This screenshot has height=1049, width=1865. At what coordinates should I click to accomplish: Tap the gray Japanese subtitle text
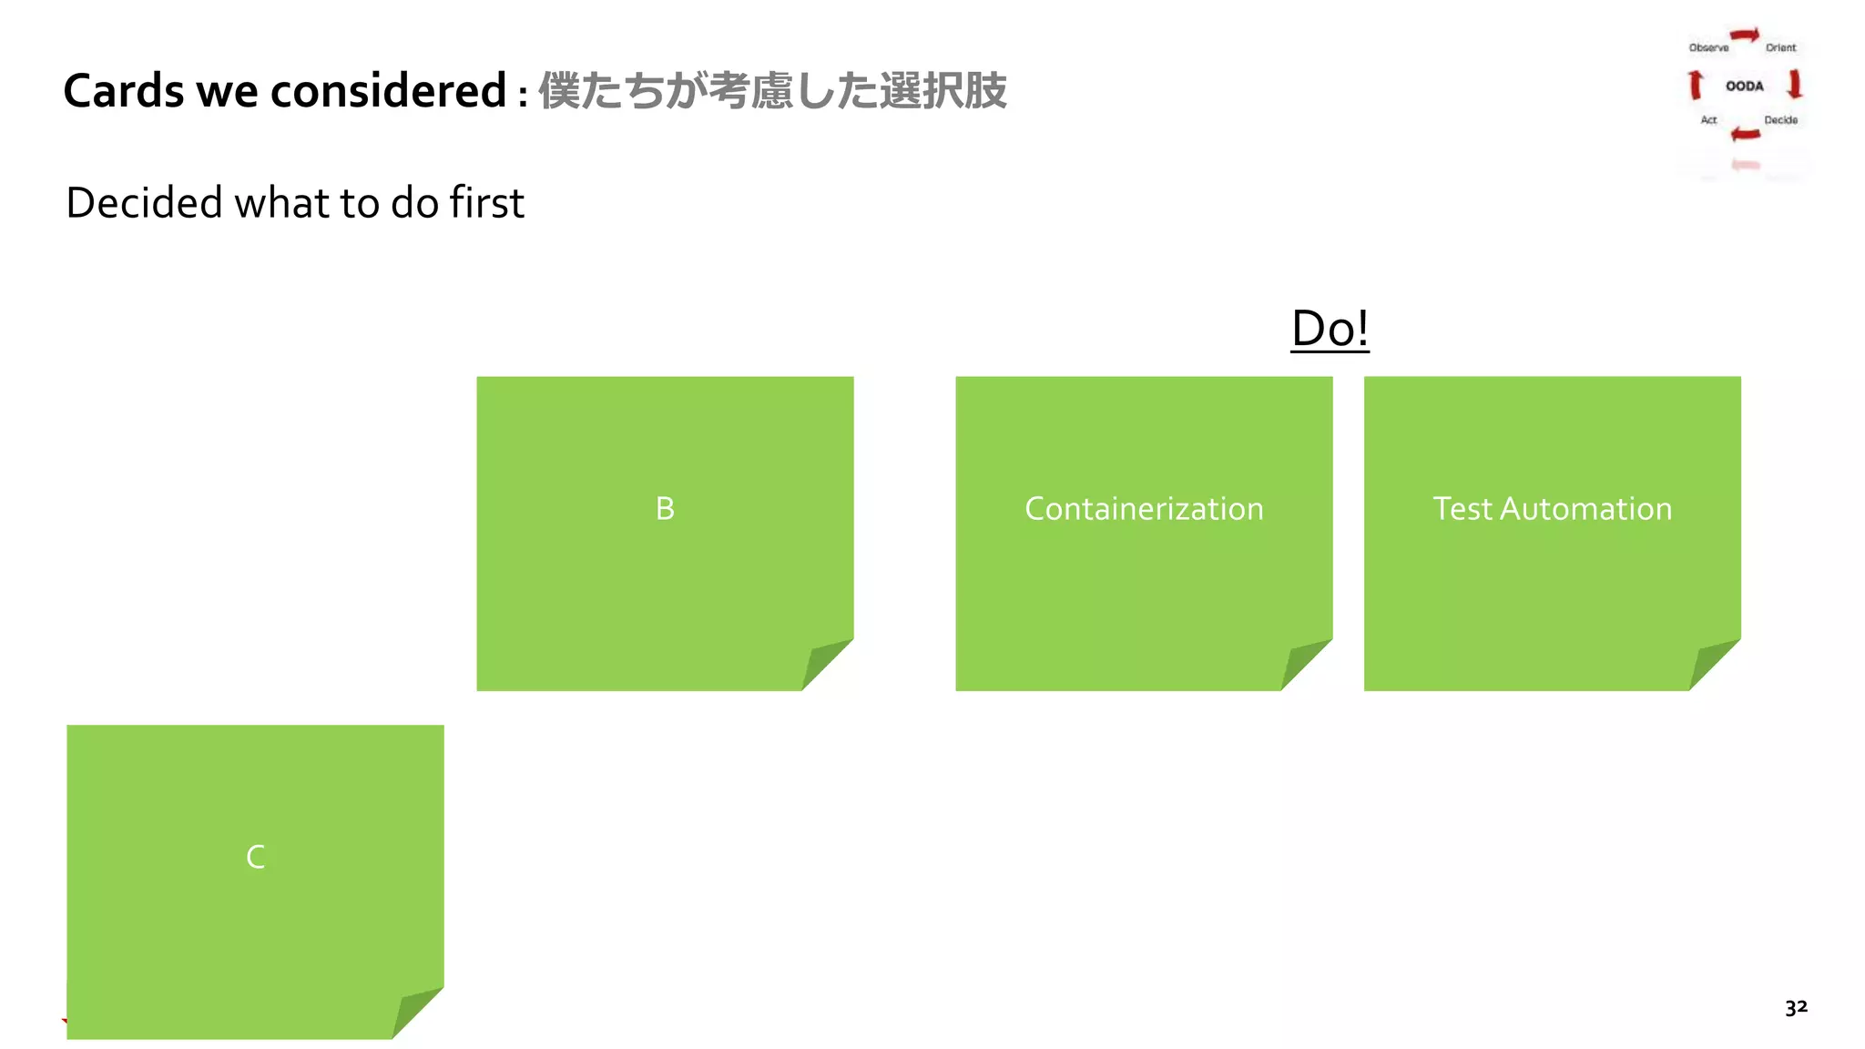pos(772,91)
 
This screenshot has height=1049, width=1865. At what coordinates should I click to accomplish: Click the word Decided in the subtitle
pos(144,202)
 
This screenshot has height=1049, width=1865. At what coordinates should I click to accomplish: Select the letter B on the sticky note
pos(665,508)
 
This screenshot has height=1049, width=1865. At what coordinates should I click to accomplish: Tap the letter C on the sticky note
pos(256,857)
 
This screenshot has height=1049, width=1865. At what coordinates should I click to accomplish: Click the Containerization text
pos(1144,508)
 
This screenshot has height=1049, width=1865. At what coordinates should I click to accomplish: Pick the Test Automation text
pos(1552,508)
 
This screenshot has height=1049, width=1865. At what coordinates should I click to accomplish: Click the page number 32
pos(1796,1007)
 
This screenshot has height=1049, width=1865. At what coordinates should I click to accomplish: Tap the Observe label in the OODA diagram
pos(1708,47)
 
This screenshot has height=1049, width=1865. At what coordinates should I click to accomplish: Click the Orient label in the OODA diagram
pos(1780,47)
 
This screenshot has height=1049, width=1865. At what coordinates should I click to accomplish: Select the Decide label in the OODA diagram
pos(1780,119)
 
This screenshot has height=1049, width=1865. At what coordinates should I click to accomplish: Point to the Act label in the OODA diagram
pos(1708,119)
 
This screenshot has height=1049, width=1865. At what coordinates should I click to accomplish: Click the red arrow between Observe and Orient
pos(1745,36)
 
